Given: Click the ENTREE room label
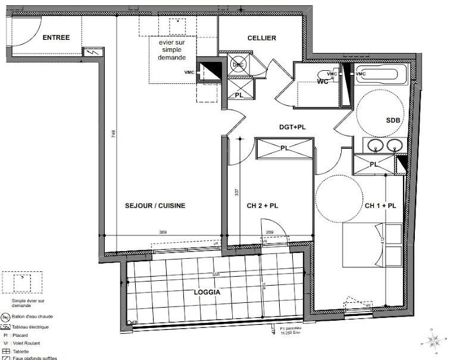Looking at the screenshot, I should (56, 37).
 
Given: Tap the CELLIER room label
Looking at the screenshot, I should (262, 38).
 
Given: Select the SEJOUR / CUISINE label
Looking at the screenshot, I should (155, 206).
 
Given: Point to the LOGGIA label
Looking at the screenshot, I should (207, 293).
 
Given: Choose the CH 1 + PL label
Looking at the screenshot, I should (380, 206).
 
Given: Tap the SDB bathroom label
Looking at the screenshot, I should (393, 120).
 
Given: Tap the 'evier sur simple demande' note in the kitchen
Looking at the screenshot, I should (172, 51).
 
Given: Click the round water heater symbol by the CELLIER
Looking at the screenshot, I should (238, 65).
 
